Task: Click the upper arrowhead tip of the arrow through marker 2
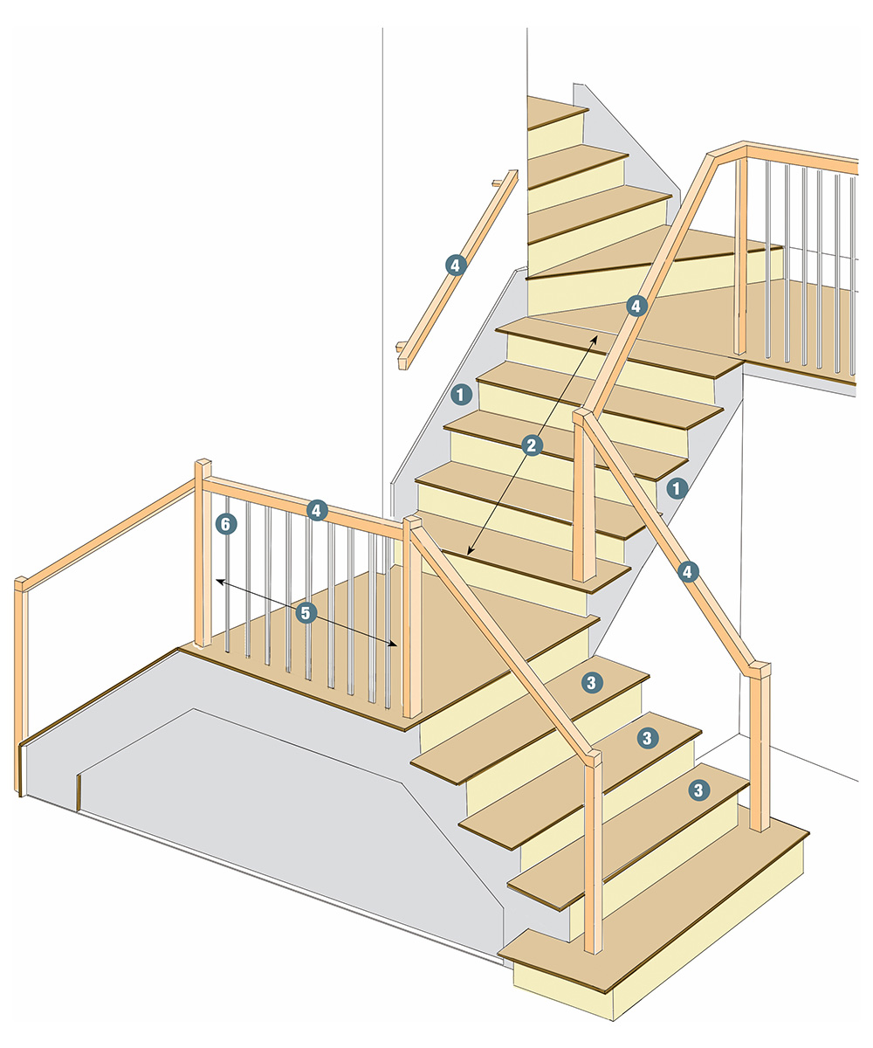pyautogui.click(x=596, y=335)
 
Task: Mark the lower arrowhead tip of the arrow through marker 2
pyautogui.click(x=468, y=555)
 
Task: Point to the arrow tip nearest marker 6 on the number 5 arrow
pyautogui.click(x=217, y=581)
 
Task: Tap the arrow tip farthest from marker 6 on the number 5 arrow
pyautogui.click(x=397, y=646)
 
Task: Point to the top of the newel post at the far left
pyautogui.click(x=21, y=583)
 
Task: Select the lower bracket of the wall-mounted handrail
pyautogui.click(x=401, y=347)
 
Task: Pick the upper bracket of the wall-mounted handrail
pyautogui.click(x=497, y=183)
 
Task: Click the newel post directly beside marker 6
pyautogui.click(x=203, y=553)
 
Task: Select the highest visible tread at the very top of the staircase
pyautogui.click(x=557, y=112)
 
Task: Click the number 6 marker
pyautogui.click(x=226, y=525)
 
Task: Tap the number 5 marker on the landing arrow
pyautogui.click(x=306, y=613)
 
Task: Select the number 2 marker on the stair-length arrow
pyautogui.click(x=532, y=445)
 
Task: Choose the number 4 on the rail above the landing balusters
pyautogui.click(x=317, y=510)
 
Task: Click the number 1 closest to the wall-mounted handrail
pyautogui.click(x=461, y=395)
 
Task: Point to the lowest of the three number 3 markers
pyautogui.click(x=698, y=790)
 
